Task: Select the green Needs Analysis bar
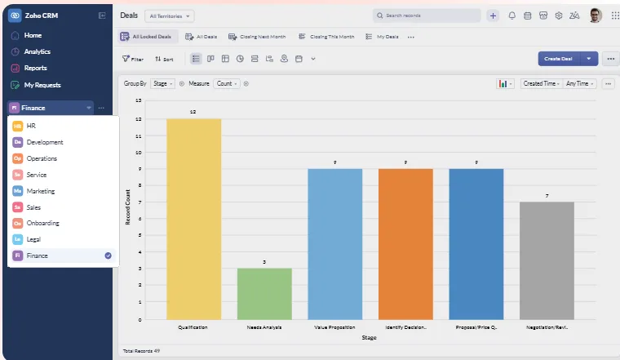coord(264,293)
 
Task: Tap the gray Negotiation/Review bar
coord(547,260)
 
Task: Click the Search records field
coord(427,16)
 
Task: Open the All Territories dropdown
coord(170,16)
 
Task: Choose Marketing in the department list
coord(41,191)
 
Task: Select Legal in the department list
coord(33,239)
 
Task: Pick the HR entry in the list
coord(31,126)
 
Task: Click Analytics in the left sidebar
coord(37,51)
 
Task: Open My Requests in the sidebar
coord(42,85)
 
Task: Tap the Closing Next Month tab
coord(257,37)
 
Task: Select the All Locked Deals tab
coord(147,37)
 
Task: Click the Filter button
coord(133,59)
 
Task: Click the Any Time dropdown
coord(580,83)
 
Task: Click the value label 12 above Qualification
coord(193,111)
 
